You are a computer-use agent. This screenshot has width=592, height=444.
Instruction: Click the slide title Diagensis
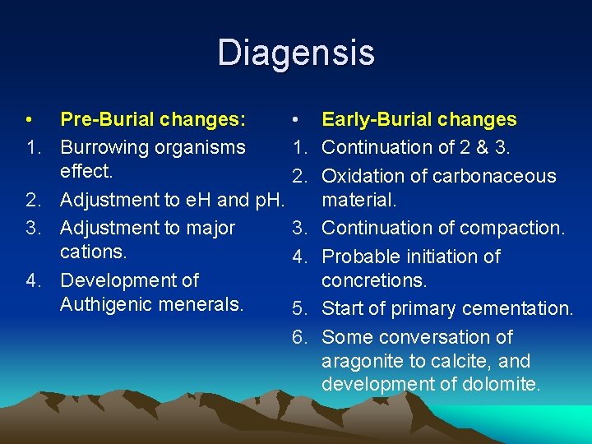pos(296,53)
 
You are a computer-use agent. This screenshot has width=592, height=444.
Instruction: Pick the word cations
pos(93,252)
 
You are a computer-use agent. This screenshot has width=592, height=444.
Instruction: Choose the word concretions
pos(373,280)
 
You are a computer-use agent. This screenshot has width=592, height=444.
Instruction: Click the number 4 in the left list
pos(31,280)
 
